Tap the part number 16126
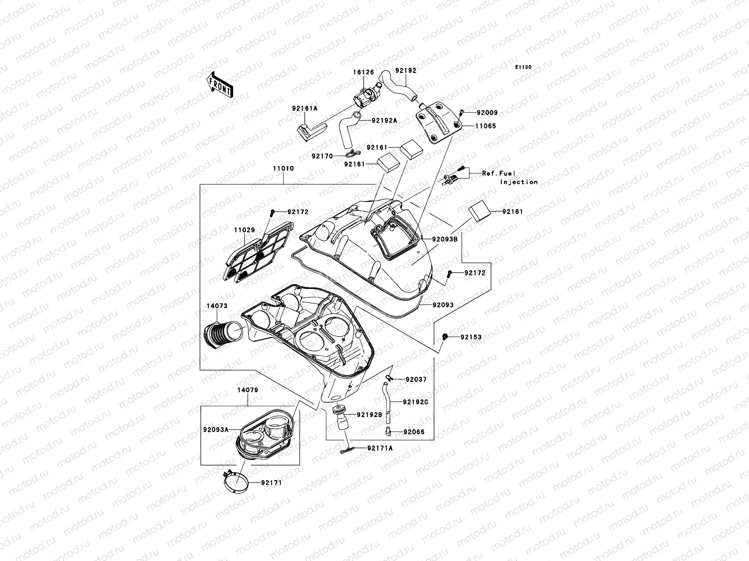tap(363, 72)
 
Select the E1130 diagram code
tap(523, 67)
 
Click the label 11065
tap(486, 126)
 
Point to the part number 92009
tap(487, 113)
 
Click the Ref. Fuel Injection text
tap(509, 177)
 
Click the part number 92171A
tap(380, 448)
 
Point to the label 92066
tap(414, 432)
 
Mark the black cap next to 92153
tap(445, 337)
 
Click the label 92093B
tap(444, 239)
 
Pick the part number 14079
tap(248, 390)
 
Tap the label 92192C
tap(416, 402)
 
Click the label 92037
tap(416, 380)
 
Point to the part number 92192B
tap(370, 414)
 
